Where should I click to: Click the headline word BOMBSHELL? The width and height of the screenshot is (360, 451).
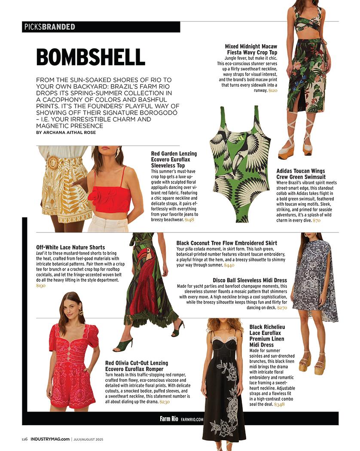[90, 57]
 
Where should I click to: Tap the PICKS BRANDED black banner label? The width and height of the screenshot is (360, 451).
[50, 27]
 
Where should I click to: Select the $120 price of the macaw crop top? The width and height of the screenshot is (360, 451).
[273, 91]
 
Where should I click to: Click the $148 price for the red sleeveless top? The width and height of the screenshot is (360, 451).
[189, 219]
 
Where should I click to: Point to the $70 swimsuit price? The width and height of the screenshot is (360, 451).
[316, 220]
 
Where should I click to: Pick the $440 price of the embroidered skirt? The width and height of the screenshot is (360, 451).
[229, 265]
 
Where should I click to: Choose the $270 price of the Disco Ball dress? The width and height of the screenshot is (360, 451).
[282, 308]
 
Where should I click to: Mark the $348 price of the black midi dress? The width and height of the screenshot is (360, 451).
[279, 404]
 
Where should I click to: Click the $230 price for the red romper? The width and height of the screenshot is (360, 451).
[165, 402]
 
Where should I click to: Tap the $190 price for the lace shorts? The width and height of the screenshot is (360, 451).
[41, 286]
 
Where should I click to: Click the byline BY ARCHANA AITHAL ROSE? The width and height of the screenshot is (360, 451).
[66, 133]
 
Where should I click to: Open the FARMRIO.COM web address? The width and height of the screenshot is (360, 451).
[192, 419]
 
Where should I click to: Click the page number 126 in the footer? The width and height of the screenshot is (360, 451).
[24, 439]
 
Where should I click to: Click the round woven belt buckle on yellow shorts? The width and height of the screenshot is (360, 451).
[53, 163]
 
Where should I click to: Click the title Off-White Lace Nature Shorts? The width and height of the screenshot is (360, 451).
[70, 247]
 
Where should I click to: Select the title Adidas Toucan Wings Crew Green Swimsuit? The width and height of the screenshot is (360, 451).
[301, 174]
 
